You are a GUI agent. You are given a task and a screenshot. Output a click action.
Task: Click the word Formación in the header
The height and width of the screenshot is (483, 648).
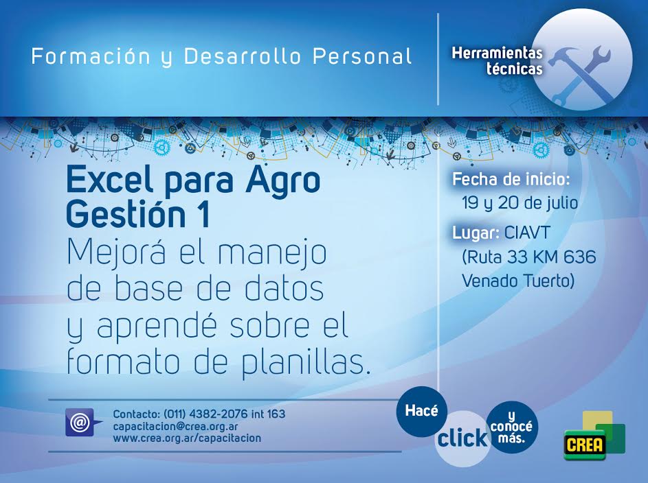point(91,56)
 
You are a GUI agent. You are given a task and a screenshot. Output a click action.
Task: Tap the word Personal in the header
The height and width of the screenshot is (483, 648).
point(362,56)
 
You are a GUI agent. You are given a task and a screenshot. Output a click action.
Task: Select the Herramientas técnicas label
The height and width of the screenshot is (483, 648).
point(497,60)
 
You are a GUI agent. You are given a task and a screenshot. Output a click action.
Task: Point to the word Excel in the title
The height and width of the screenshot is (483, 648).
point(110,180)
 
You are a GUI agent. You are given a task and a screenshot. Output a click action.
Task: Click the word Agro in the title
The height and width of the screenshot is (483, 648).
point(282,182)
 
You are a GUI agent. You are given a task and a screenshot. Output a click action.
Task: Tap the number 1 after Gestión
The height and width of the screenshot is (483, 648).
point(203,215)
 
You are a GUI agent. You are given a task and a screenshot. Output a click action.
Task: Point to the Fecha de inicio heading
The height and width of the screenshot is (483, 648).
point(511,180)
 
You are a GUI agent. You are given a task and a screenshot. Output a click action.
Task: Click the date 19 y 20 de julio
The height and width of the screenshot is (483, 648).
point(520,203)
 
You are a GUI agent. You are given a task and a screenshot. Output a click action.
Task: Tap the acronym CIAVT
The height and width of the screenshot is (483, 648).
point(527,233)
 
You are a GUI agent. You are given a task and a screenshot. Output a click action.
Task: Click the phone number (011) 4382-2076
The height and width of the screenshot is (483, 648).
point(205,414)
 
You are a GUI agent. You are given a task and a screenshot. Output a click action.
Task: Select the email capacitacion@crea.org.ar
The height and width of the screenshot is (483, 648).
point(175,426)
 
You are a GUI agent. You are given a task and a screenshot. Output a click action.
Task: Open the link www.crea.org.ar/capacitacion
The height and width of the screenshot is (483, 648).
point(187,438)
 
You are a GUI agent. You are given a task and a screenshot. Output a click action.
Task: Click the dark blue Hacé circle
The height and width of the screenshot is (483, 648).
point(421,411)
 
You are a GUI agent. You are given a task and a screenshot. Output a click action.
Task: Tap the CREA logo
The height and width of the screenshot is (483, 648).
point(594,436)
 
